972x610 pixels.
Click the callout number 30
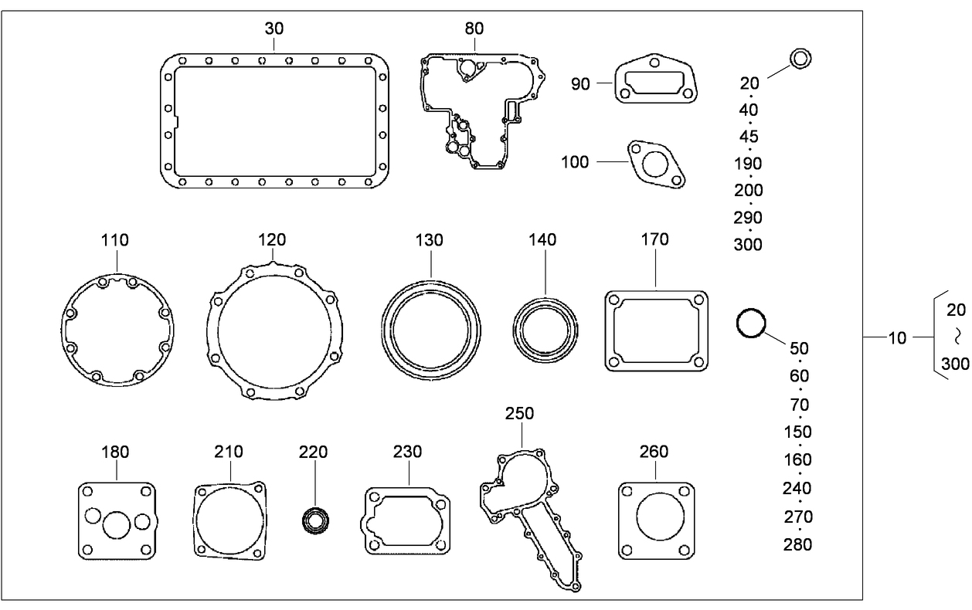pyautogui.click(x=274, y=29)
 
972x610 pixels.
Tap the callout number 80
pyautogui.click(x=474, y=29)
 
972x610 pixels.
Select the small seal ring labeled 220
pyautogui.click(x=314, y=520)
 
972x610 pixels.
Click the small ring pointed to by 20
pyautogui.click(x=800, y=58)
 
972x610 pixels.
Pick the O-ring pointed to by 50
pyautogui.click(x=751, y=323)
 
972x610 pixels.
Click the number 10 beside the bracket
pyautogui.click(x=896, y=337)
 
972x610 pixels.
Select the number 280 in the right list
pyautogui.click(x=797, y=544)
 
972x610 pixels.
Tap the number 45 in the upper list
pyautogui.click(x=749, y=137)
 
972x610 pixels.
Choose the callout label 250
pyautogui.click(x=519, y=414)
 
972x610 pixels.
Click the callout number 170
pyautogui.click(x=654, y=240)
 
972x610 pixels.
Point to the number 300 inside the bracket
pyautogui.click(x=955, y=364)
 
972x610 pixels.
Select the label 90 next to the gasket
pyautogui.click(x=581, y=83)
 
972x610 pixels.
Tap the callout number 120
pyautogui.click(x=272, y=240)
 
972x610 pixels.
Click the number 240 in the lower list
pyautogui.click(x=797, y=488)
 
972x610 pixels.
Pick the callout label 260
pyautogui.click(x=654, y=452)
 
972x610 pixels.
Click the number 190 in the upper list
pyautogui.click(x=748, y=164)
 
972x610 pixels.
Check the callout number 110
pyautogui.click(x=114, y=240)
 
